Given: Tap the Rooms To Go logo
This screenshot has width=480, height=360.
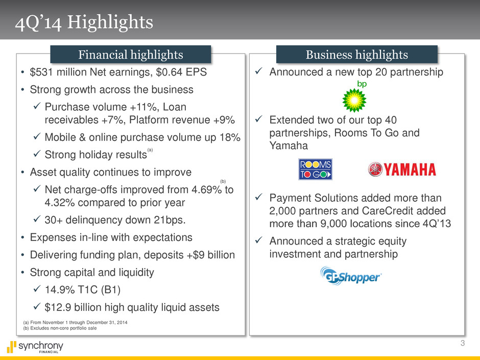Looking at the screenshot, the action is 315,169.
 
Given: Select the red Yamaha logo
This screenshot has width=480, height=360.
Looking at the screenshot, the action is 402,170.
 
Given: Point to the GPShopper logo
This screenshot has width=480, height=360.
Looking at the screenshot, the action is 350,276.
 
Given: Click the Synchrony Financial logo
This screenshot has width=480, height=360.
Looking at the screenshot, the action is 35,347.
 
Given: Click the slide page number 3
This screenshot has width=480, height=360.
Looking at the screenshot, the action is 463,343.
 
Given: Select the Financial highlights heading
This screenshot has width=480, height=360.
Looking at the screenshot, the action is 131,55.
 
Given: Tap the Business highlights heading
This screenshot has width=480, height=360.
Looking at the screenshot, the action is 356,55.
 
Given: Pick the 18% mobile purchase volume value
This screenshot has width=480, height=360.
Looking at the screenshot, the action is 230,137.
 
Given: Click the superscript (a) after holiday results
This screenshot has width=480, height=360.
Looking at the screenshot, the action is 150,150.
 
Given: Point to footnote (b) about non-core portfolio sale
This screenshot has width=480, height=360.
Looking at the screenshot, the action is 60,328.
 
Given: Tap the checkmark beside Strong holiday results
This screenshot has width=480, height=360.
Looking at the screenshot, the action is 37,154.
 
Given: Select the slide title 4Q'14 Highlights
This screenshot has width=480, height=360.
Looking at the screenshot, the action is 84,22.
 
